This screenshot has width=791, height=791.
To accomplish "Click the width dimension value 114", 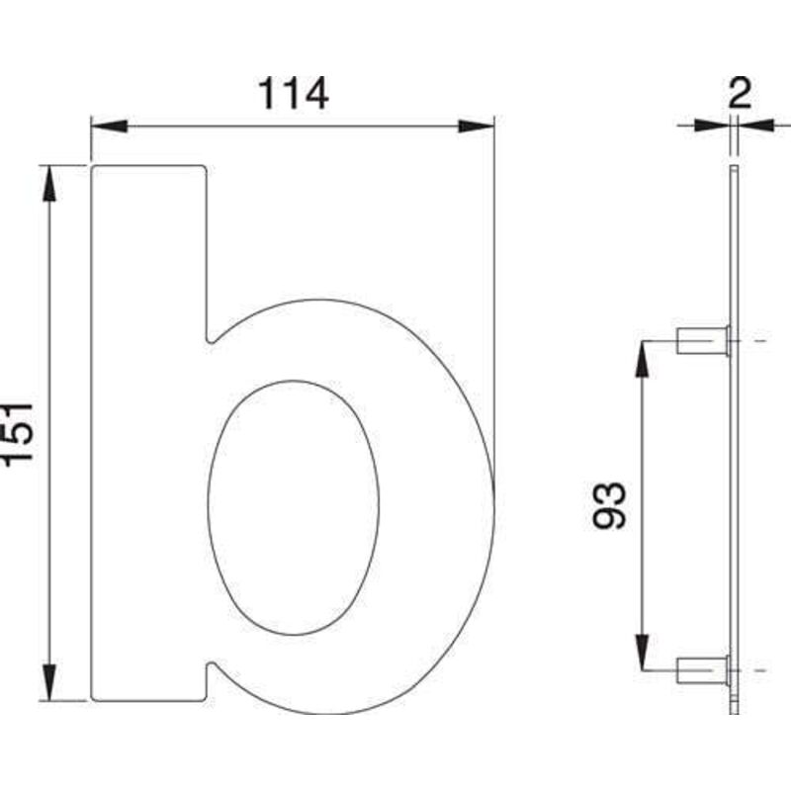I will click(292, 94).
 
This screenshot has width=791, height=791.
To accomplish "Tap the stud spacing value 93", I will click(612, 505).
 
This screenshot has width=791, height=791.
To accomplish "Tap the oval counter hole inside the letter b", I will click(294, 506).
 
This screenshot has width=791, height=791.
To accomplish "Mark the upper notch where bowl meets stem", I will click(210, 338).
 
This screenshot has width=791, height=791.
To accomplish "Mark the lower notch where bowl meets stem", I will click(210, 667).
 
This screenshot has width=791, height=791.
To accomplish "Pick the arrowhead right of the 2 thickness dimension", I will click(753, 126).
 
